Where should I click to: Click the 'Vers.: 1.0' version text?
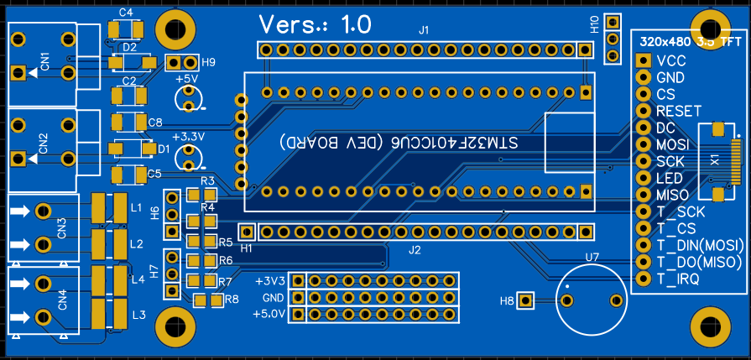point(315,24)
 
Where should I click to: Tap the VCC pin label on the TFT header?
point(671,60)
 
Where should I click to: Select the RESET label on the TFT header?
point(679,111)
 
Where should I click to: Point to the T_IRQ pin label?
point(678,279)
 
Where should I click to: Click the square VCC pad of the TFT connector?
point(644,60)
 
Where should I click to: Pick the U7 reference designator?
point(592,257)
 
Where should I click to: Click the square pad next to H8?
point(526,300)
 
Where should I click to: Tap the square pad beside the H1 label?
point(248,231)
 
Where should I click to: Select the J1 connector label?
point(424,30)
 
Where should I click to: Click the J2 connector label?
point(415,249)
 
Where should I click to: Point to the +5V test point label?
point(186,79)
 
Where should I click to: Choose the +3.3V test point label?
point(188,136)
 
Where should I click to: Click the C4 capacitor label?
point(126,13)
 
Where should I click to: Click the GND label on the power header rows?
point(273,298)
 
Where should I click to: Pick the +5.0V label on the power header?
point(269,315)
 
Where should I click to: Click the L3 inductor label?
point(138,315)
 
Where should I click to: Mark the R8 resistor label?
point(231,299)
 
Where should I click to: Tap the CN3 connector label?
point(61,227)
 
